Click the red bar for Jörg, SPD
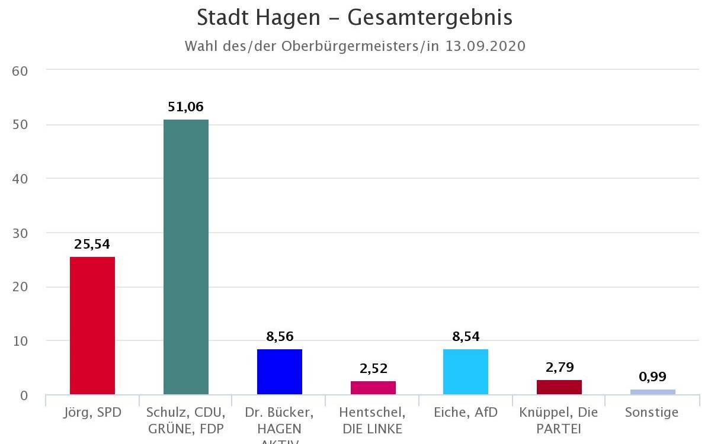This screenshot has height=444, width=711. coord(92,326)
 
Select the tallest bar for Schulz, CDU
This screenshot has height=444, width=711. coord(186,257)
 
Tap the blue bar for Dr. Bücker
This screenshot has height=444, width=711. coord(280,372)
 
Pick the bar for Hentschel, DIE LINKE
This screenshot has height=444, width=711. coord(373,388)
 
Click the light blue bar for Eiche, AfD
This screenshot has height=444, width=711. coord(466,372)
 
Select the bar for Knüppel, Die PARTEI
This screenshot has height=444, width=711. coord(559,387)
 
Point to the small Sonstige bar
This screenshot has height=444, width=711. coord(652,392)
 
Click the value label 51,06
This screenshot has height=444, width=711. coord(186,107)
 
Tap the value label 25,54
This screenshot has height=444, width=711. coord(92,244)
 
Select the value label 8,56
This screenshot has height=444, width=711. coord(280,336)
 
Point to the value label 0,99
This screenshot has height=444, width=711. coord(652,377)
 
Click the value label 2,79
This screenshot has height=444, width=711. coord(559,368)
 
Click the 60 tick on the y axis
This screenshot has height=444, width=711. coord(20,70)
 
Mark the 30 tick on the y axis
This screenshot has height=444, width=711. coord(20,233)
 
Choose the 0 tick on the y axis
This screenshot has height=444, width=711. coord(24,395)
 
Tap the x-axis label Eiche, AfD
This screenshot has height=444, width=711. coord(466,413)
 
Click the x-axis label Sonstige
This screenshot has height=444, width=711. coord(652,413)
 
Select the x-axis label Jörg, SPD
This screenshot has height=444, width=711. coord(92,413)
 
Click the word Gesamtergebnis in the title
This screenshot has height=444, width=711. coord(430,18)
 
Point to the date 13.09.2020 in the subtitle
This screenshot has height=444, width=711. coord(485,46)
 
